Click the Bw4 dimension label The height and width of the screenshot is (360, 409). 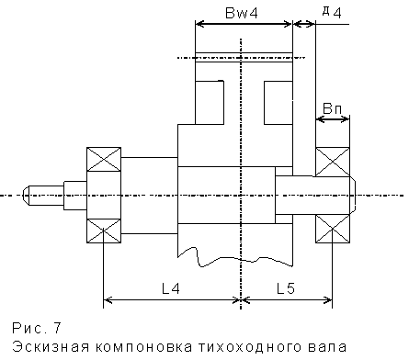[242, 13]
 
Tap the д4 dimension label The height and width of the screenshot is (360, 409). [332, 13]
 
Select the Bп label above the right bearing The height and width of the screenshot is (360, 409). [332, 108]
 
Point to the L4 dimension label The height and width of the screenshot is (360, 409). [171, 288]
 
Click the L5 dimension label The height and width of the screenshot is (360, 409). [286, 288]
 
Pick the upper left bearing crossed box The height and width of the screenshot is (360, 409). [104, 159]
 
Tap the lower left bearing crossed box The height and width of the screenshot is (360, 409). [104, 231]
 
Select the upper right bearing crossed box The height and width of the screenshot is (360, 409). [333, 162]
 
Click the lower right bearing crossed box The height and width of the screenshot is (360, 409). [333, 229]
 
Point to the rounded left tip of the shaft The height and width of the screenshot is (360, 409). [26, 196]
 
